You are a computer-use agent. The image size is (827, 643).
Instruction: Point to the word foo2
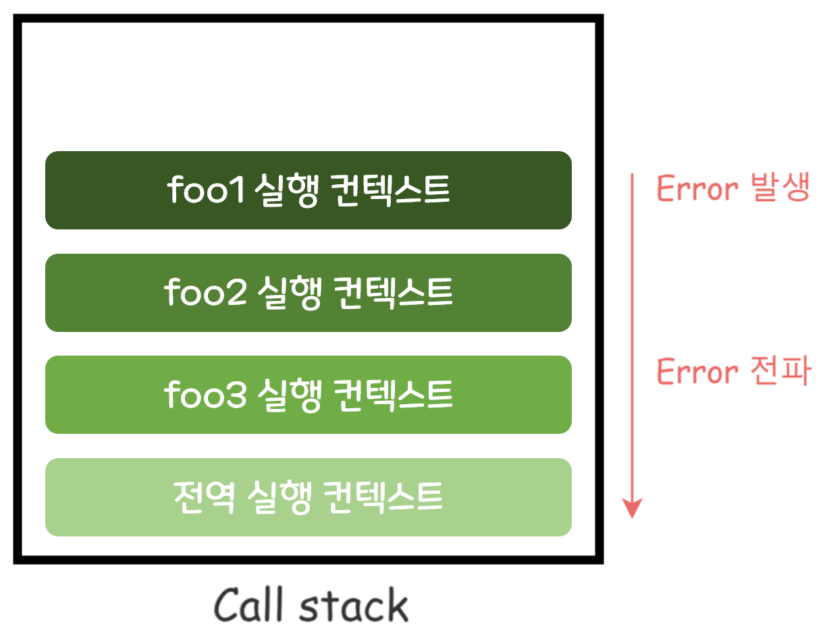coord(205,293)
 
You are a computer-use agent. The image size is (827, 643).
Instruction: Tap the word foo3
coord(205,395)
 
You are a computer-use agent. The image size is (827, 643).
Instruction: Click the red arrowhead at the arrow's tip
coord(631,509)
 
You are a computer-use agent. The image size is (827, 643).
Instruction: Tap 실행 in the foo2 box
coord(289,293)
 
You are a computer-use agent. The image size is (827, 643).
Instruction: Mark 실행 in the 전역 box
coord(279,497)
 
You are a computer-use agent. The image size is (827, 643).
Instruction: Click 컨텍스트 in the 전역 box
coord(382,497)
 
